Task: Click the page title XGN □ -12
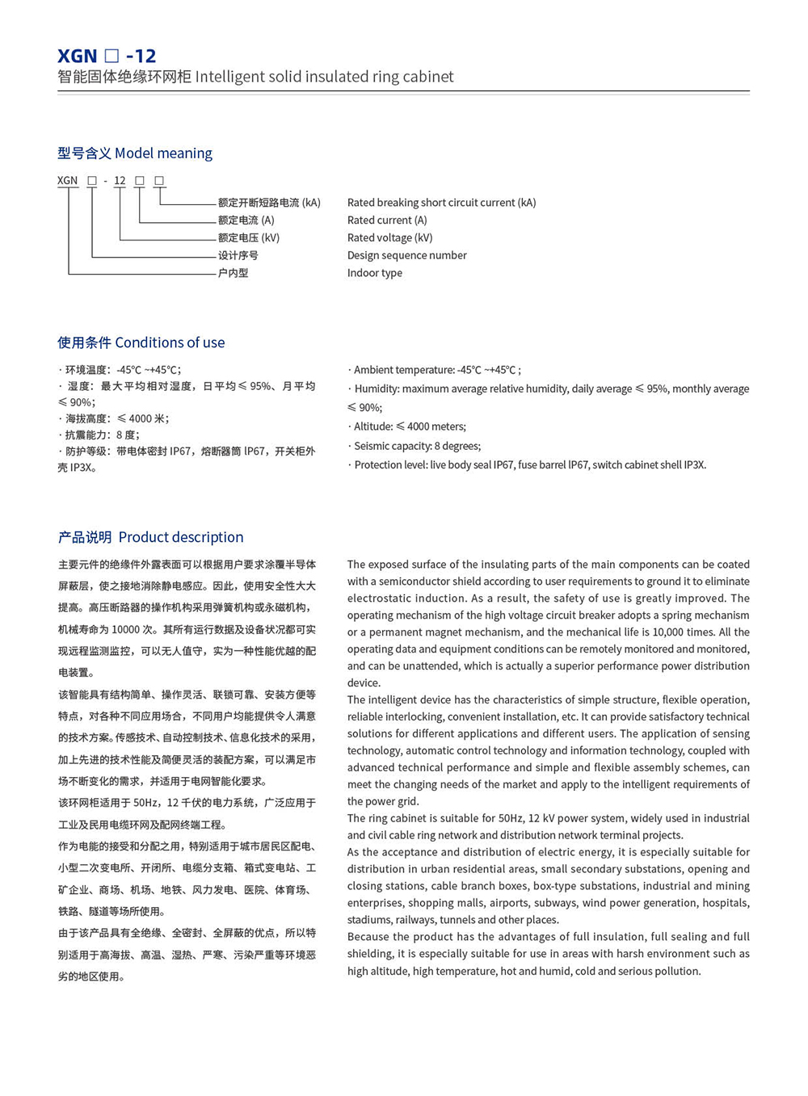point(107,56)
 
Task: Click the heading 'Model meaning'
point(163,153)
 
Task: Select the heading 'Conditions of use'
point(170,342)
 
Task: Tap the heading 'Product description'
point(181,537)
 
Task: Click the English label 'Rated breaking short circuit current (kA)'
point(441,203)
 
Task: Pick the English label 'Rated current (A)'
point(387,220)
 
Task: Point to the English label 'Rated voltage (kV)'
point(389,237)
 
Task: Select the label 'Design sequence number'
point(406,255)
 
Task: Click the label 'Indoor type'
point(374,273)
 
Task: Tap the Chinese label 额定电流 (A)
point(246,220)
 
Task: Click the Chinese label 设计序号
point(238,255)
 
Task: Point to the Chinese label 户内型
point(233,273)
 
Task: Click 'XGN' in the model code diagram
point(68,181)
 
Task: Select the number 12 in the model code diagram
point(120,181)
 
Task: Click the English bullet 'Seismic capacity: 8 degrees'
point(417,446)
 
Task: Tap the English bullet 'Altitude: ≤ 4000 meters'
point(410,426)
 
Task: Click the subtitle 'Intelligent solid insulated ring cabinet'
point(324,77)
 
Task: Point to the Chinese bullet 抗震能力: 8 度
point(102,435)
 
